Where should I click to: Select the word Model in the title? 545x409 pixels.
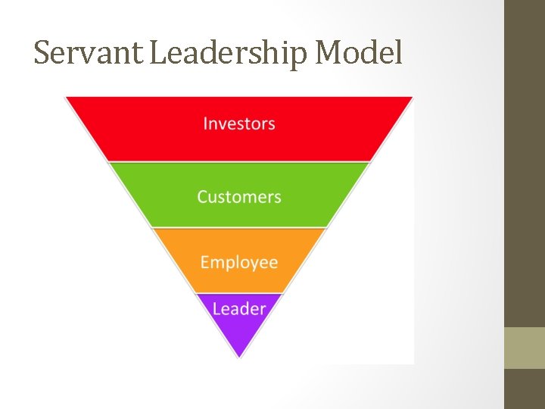tap(359, 53)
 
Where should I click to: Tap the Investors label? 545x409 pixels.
tap(239, 123)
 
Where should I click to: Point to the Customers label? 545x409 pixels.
tap(239, 197)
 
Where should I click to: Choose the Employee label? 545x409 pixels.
tap(239, 263)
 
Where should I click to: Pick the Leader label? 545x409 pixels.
tap(239, 309)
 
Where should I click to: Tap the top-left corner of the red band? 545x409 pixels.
tap(66, 98)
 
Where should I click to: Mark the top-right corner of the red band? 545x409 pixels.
tap(413, 98)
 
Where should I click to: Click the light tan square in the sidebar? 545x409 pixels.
tap(524, 348)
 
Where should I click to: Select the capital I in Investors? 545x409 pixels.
tap(205, 123)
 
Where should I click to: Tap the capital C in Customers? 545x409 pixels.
tap(203, 197)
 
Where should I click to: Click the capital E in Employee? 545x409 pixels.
tap(204, 263)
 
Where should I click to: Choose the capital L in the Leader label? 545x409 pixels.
tap(216, 309)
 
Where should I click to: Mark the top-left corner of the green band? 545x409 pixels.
tap(109, 163)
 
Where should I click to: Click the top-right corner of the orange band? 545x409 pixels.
tap(326, 229)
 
